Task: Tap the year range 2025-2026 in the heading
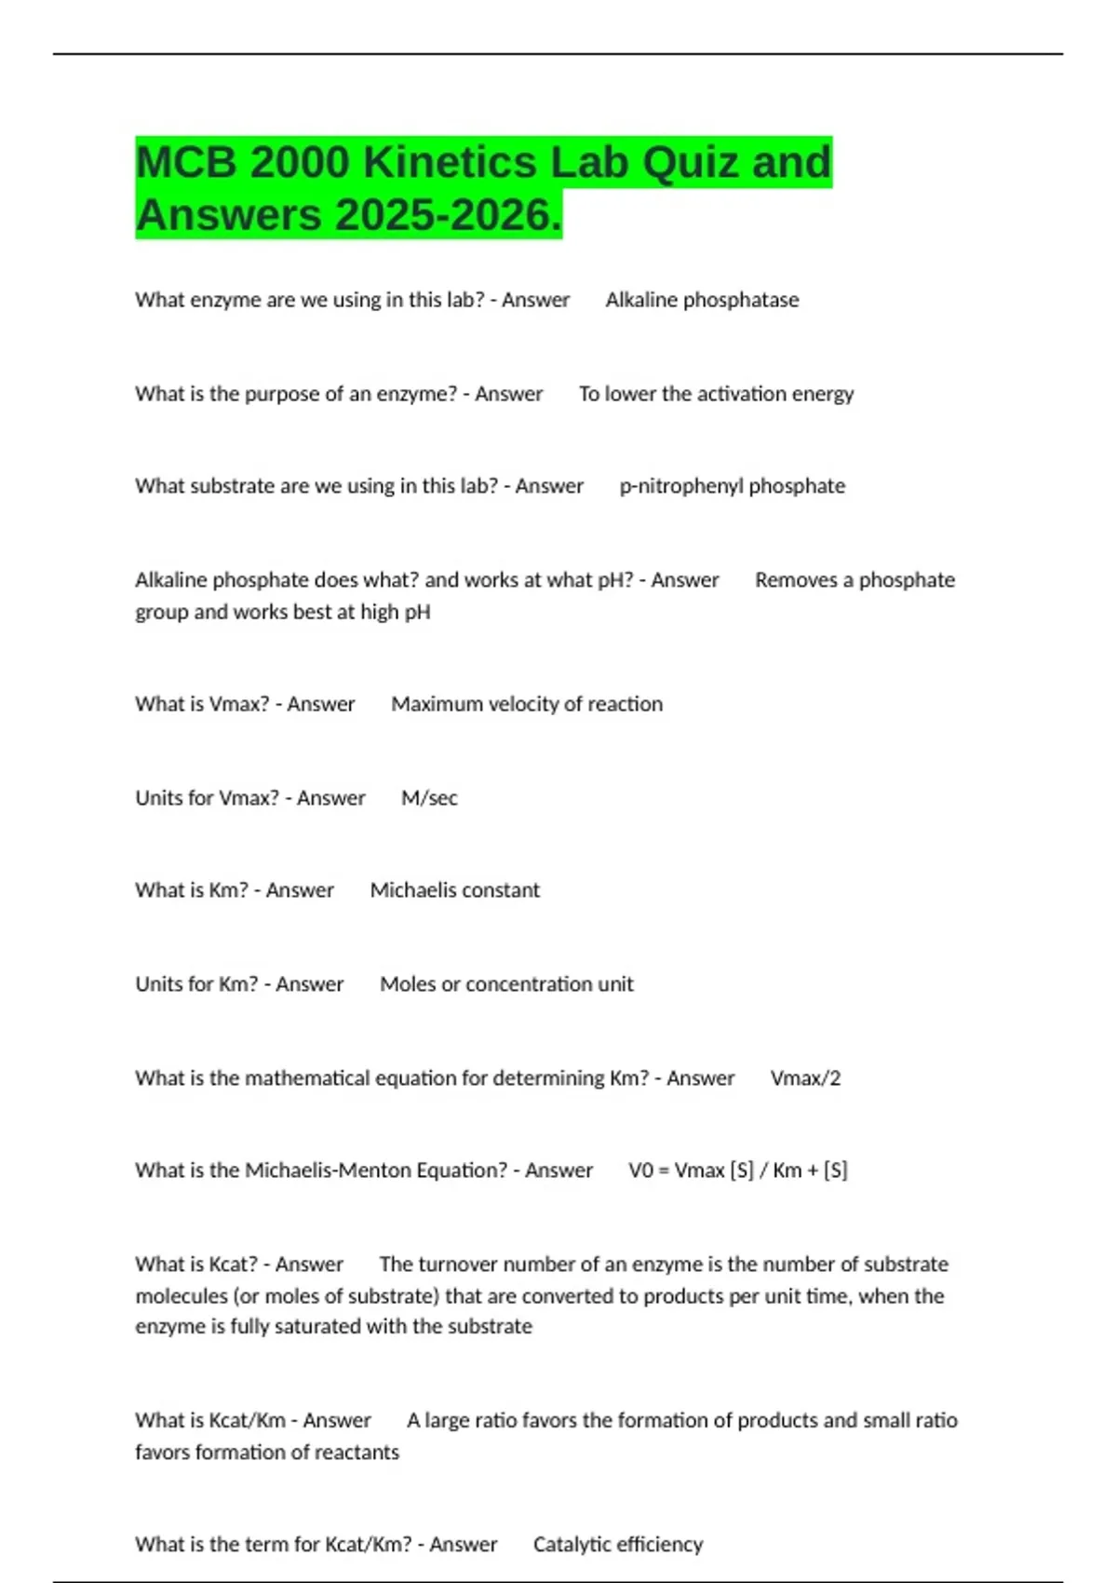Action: click(446, 215)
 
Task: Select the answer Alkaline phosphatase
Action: click(702, 300)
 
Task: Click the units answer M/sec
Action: click(429, 798)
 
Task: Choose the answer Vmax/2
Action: click(805, 1078)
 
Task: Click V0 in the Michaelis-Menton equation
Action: click(640, 1170)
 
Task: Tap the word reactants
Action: click(357, 1452)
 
